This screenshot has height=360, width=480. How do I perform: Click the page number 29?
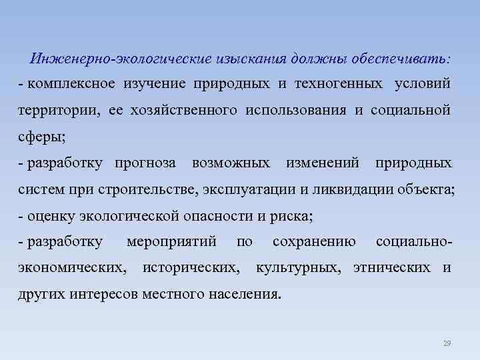(447, 343)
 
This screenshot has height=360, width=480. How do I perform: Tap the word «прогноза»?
(145, 163)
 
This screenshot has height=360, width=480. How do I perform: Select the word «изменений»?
(323, 163)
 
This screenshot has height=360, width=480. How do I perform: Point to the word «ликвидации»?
(351, 189)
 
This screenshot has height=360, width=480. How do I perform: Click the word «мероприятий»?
(172, 242)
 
